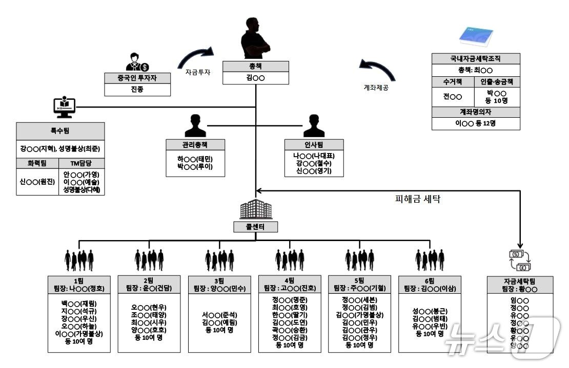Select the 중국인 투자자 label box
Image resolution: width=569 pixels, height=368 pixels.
click(x=137, y=78)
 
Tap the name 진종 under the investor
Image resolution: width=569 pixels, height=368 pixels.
click(x=137, y=90)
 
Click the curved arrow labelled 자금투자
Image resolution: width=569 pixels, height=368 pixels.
click(x=195, y=56)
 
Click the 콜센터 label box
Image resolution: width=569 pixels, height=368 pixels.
click(x=255, y=227)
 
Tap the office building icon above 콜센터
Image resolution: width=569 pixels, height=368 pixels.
click(x=255, y=209)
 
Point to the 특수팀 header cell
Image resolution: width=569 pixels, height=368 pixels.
click(x=60, y=131)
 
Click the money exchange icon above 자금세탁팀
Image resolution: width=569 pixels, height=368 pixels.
click(x=519, y=261)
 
